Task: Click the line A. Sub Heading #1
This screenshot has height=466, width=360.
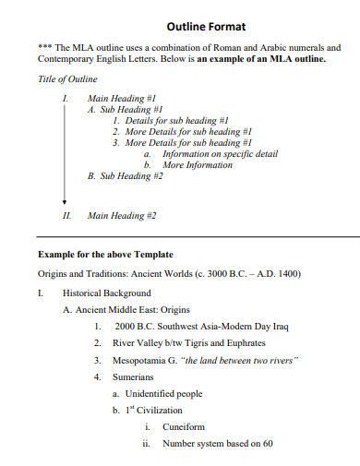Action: (x=125, y=109)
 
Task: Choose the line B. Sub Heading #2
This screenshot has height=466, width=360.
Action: (x=125, y=175)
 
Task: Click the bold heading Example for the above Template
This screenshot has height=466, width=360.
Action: (x=105, y=254)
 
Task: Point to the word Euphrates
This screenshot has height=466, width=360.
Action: (x=245, y=343)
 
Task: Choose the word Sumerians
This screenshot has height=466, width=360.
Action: (x=134, y=377)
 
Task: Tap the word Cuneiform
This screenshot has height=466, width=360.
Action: (x=183, y=427)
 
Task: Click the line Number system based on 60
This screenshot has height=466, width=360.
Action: (x=217, y=444)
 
